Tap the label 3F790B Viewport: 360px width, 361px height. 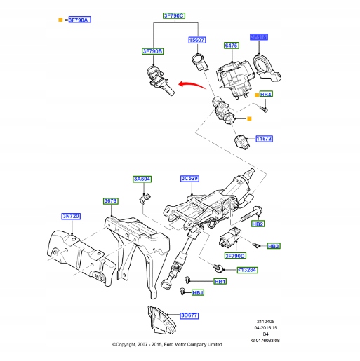153,51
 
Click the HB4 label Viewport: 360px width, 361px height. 267,94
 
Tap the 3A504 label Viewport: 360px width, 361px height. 142,179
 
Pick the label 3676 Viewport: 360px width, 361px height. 111,200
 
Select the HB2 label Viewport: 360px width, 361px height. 258,224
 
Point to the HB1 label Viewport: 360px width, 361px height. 198,292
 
